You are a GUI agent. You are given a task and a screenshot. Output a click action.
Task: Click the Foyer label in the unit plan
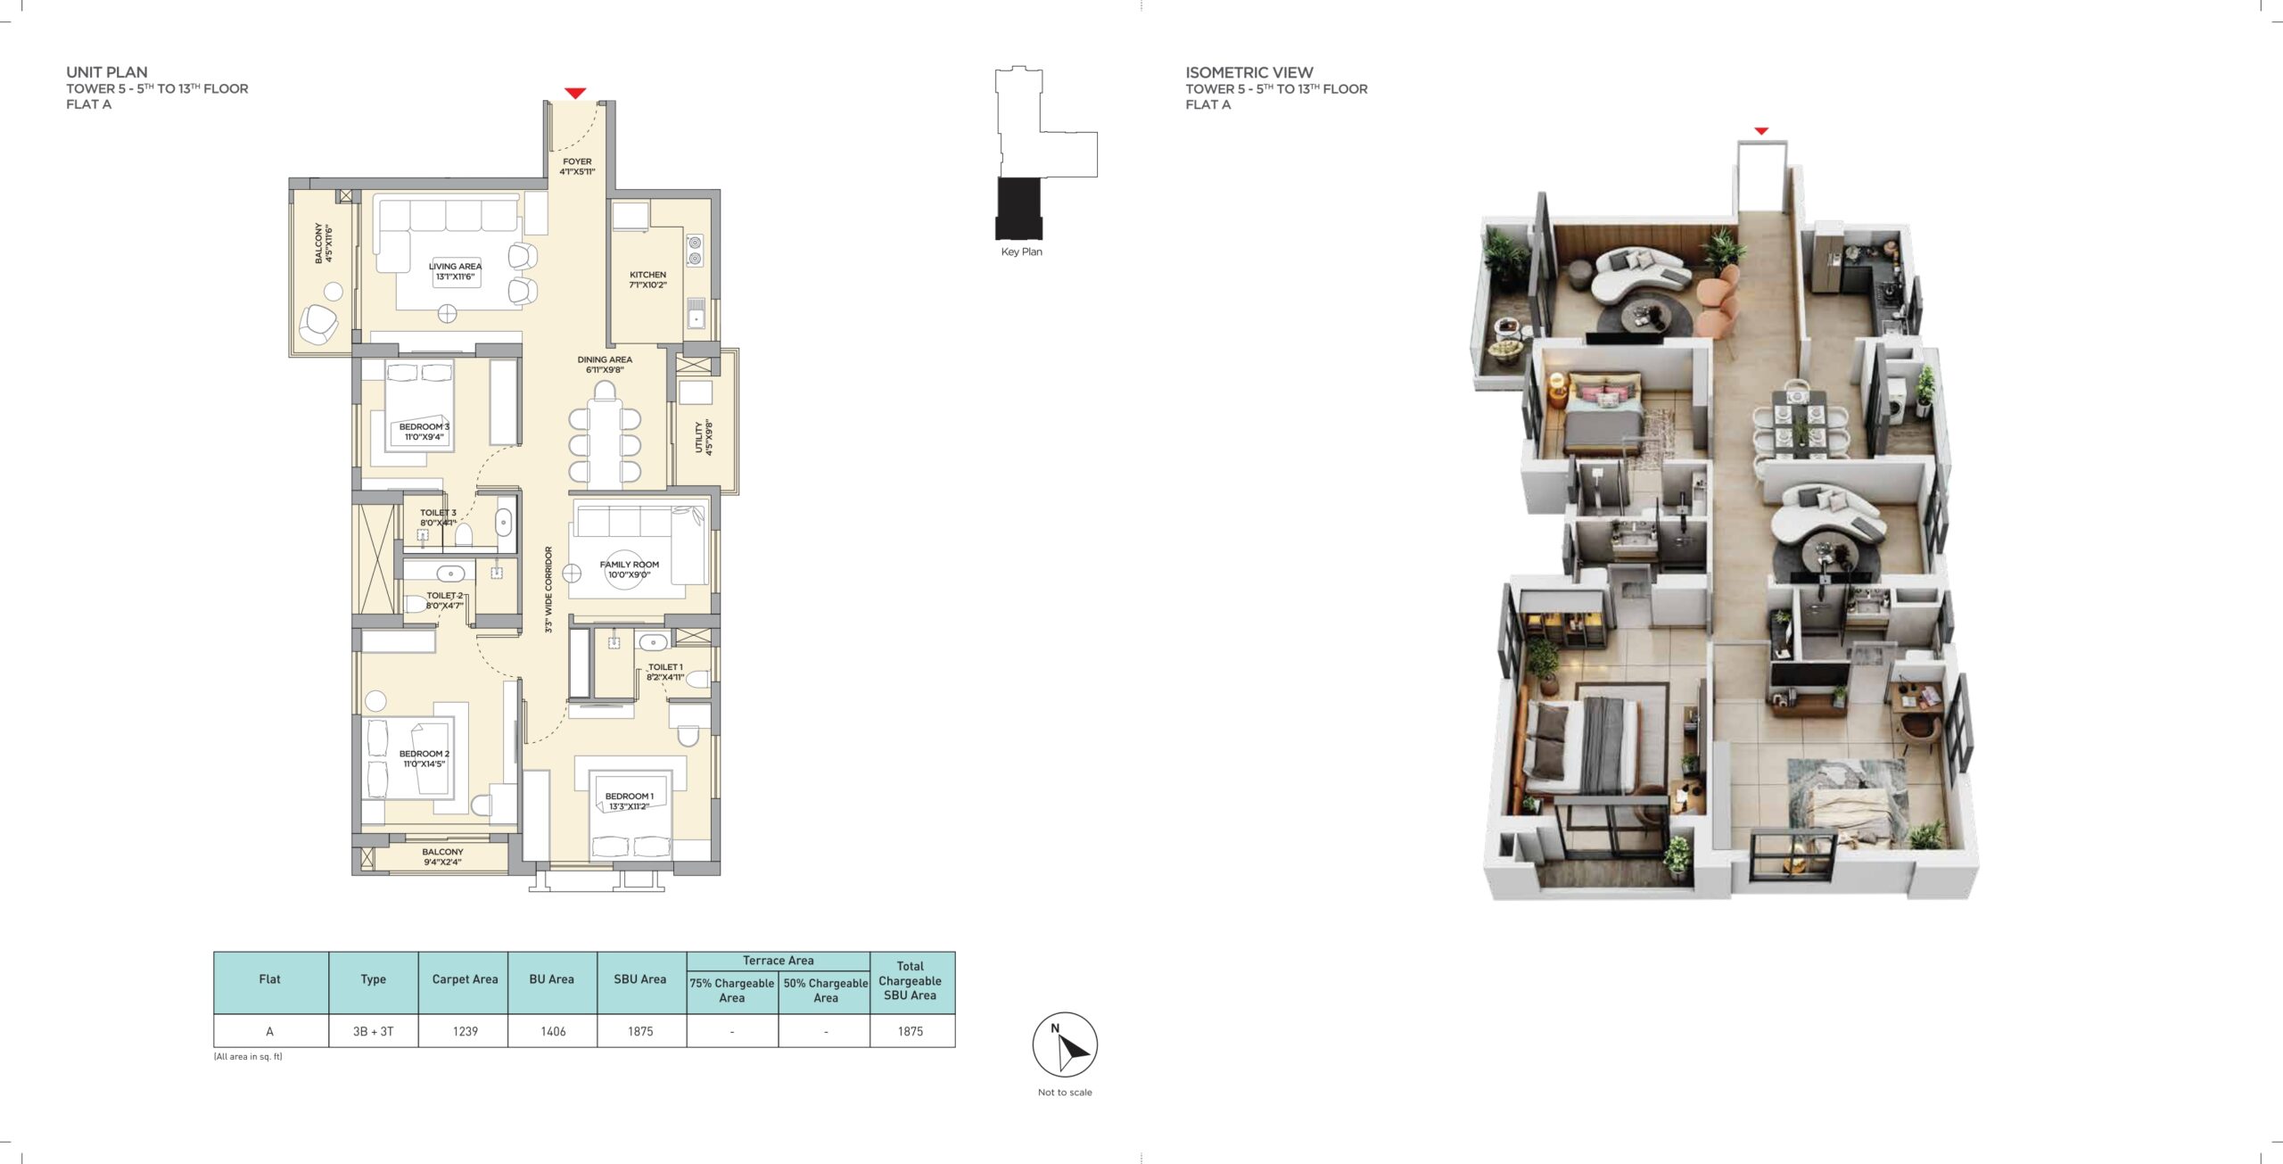point(577,167)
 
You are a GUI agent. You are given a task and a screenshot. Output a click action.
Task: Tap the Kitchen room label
point(647,280)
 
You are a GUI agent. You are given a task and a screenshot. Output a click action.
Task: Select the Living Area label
point(455,271)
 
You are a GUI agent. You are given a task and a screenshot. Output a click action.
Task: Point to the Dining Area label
point(605,365)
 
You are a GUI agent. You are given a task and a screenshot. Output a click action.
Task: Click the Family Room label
point(630,569)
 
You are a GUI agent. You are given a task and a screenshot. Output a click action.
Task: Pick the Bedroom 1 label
point(630,801)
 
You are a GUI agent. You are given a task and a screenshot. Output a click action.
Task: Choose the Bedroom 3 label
point(424,432)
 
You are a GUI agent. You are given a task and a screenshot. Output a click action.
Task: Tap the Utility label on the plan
point(704,437)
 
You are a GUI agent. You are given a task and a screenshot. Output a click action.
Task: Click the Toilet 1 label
point(665,672)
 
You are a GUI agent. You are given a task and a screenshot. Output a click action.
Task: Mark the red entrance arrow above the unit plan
point(575,93)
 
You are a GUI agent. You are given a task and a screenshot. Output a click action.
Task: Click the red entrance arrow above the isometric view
point(1761,131)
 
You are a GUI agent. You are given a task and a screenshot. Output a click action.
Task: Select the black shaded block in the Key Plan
point(1018,209)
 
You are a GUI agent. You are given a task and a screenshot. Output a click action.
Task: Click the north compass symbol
point(1065,1044)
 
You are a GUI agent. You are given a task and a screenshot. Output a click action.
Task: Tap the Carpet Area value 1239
point(466,1031)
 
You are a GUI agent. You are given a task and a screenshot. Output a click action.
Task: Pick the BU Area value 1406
point(553,1031)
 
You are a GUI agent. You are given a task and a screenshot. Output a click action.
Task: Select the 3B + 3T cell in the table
point(373,1031)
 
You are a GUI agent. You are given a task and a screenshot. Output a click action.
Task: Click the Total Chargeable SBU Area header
point(911,980)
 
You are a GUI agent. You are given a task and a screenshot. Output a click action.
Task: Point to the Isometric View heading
point(1249,72)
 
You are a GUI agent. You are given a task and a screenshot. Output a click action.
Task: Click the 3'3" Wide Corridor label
point(548,590)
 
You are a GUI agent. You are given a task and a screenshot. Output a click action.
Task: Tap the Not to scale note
point(1065,1092)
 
